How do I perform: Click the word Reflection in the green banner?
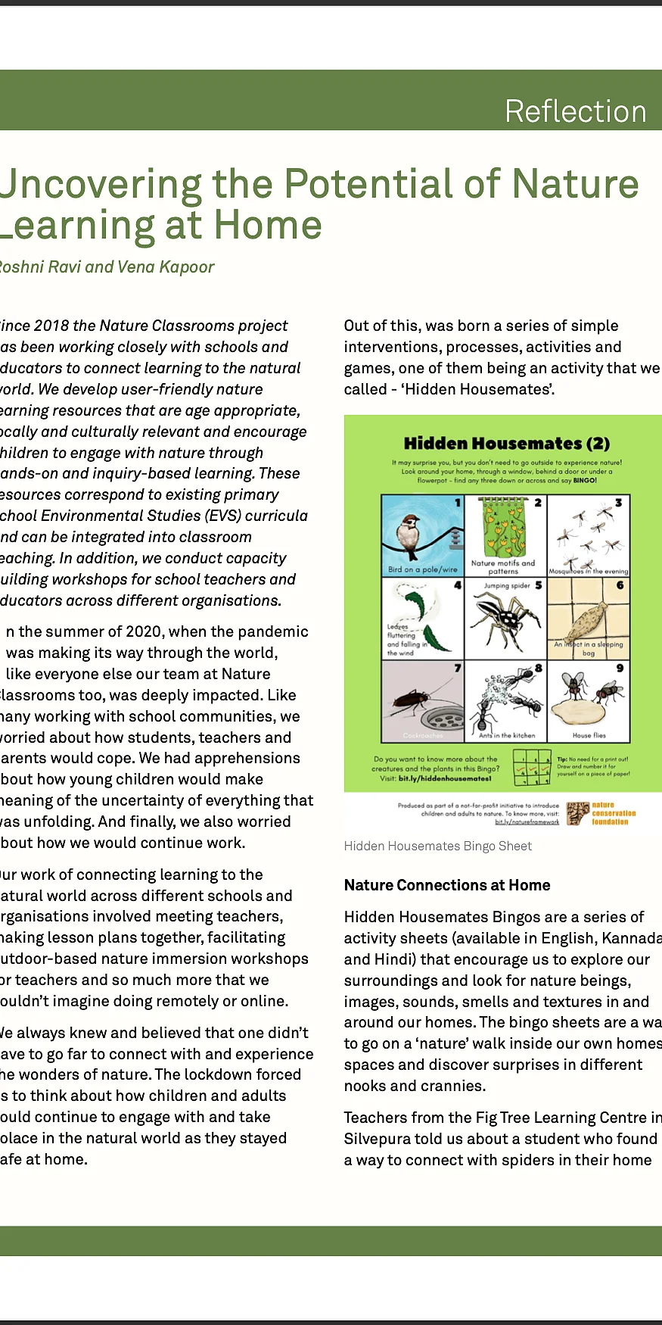click(x=575, y=111)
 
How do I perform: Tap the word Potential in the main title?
click(x=392, y=184)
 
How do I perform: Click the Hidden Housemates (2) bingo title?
click(x=506, y=443)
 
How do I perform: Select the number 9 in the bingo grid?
click(x=620, y=668)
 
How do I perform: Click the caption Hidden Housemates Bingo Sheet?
click(x=437, y=846)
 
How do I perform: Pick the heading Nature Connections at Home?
click(x=446, y=885)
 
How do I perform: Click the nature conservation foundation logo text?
click(x=613, y=813)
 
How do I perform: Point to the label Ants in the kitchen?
click(x=506, y=735)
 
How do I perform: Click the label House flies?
click(x=589, y=735)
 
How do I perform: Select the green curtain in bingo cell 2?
click(x=502, y=530)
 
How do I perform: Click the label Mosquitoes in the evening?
click(x=589, y=572)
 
